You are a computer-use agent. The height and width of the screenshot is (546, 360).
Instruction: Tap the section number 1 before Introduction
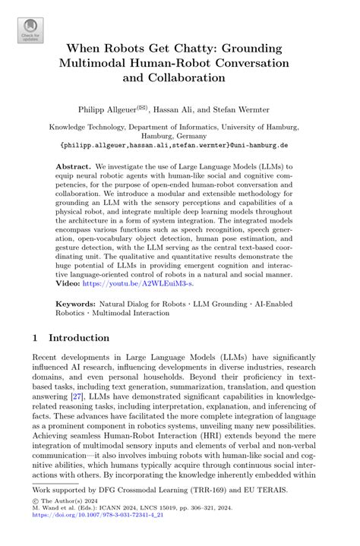coord(37,337)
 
